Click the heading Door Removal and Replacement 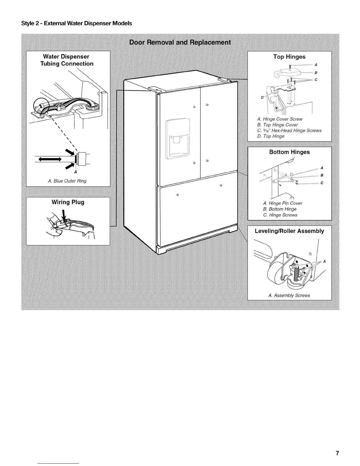180,42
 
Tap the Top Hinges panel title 289,57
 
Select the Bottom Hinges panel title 289,152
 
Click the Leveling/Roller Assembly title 289,231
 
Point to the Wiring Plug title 68,202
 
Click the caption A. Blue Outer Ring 67,181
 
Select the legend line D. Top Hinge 271,136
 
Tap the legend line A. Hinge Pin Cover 283,203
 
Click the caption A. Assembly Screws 289,295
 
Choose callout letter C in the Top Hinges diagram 316,80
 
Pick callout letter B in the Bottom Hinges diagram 322,175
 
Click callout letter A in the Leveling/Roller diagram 324,262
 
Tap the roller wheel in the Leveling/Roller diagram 275,273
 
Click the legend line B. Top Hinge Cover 277,125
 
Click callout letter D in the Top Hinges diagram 261,97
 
